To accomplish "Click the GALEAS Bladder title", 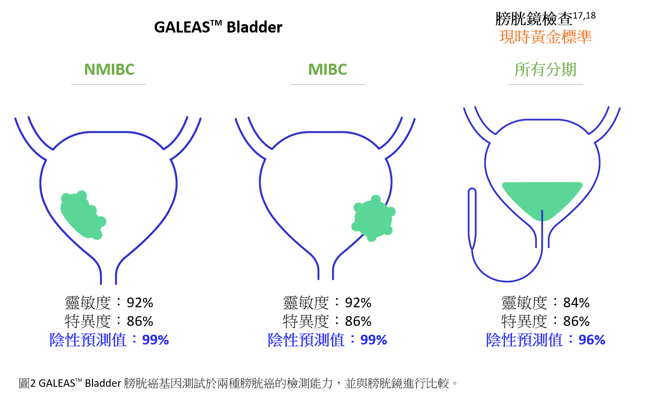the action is point(218,27).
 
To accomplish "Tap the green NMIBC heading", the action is point(109,70).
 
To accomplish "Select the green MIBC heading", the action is point(327,70).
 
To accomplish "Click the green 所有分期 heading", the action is point(545,70).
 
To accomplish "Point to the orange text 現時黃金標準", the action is point(545,37).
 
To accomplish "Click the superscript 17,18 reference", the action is point(584,15).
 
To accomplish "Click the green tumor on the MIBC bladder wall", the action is point(373,218).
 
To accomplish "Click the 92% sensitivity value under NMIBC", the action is point(140,303).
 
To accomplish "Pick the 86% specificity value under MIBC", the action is point(358,321).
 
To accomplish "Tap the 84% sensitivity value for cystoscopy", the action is point(576,303).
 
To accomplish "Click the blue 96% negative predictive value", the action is point(592,340).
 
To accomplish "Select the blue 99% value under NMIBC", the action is point(155,340).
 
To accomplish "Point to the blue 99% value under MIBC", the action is point(373,340).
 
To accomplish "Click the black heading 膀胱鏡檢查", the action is point(534,19).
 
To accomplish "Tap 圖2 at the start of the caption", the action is point(27,383).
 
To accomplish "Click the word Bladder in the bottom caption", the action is point(103,383).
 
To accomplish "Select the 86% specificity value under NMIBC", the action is point(140,321).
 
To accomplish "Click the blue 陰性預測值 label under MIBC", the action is point(306,340).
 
